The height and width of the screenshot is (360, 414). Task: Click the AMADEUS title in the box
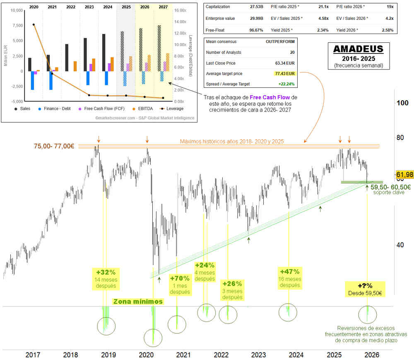pos(358,49)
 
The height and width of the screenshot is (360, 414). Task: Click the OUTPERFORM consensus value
pos(280,42)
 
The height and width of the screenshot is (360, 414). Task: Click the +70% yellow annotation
pos(179,278)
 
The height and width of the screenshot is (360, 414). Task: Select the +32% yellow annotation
pos(106,272)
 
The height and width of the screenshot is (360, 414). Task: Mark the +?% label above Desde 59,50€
pos(365,286)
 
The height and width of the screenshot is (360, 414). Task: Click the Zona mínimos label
pos(138,301)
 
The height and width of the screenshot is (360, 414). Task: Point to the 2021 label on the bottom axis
pos(183,355)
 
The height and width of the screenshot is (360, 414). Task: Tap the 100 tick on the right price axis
pos(401,103)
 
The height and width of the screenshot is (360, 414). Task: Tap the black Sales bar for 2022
pos(67,58)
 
